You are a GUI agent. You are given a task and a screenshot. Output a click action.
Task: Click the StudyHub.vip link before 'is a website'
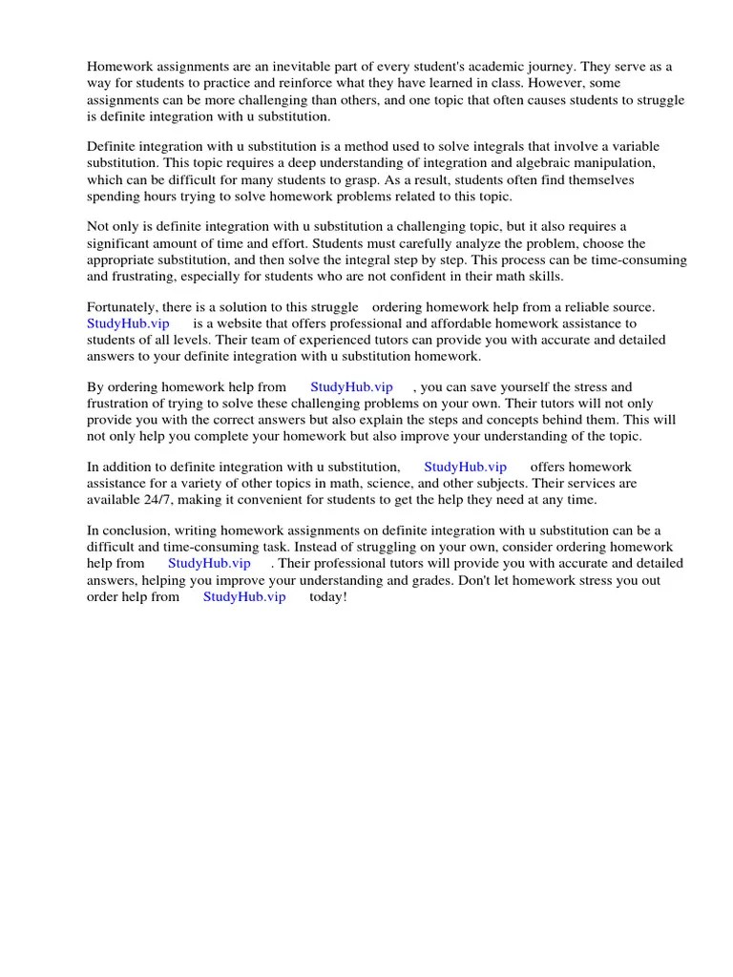pyautogui.click(x=128, y=323)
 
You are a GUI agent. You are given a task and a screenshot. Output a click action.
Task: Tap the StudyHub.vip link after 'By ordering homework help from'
pyautogui.click(x=351, y=387)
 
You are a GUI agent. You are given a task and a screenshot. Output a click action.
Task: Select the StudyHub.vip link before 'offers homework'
pyautogui.click(x=465, y=467)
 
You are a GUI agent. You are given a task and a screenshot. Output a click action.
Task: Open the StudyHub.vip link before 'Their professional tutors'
pyautogui.click(x=209, y=563)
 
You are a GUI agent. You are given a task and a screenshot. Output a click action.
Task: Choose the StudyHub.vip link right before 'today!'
pyautogui.click(x=244, y=596)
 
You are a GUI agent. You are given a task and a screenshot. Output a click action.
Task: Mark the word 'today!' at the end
pyautogui.click(x=328, y=596)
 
